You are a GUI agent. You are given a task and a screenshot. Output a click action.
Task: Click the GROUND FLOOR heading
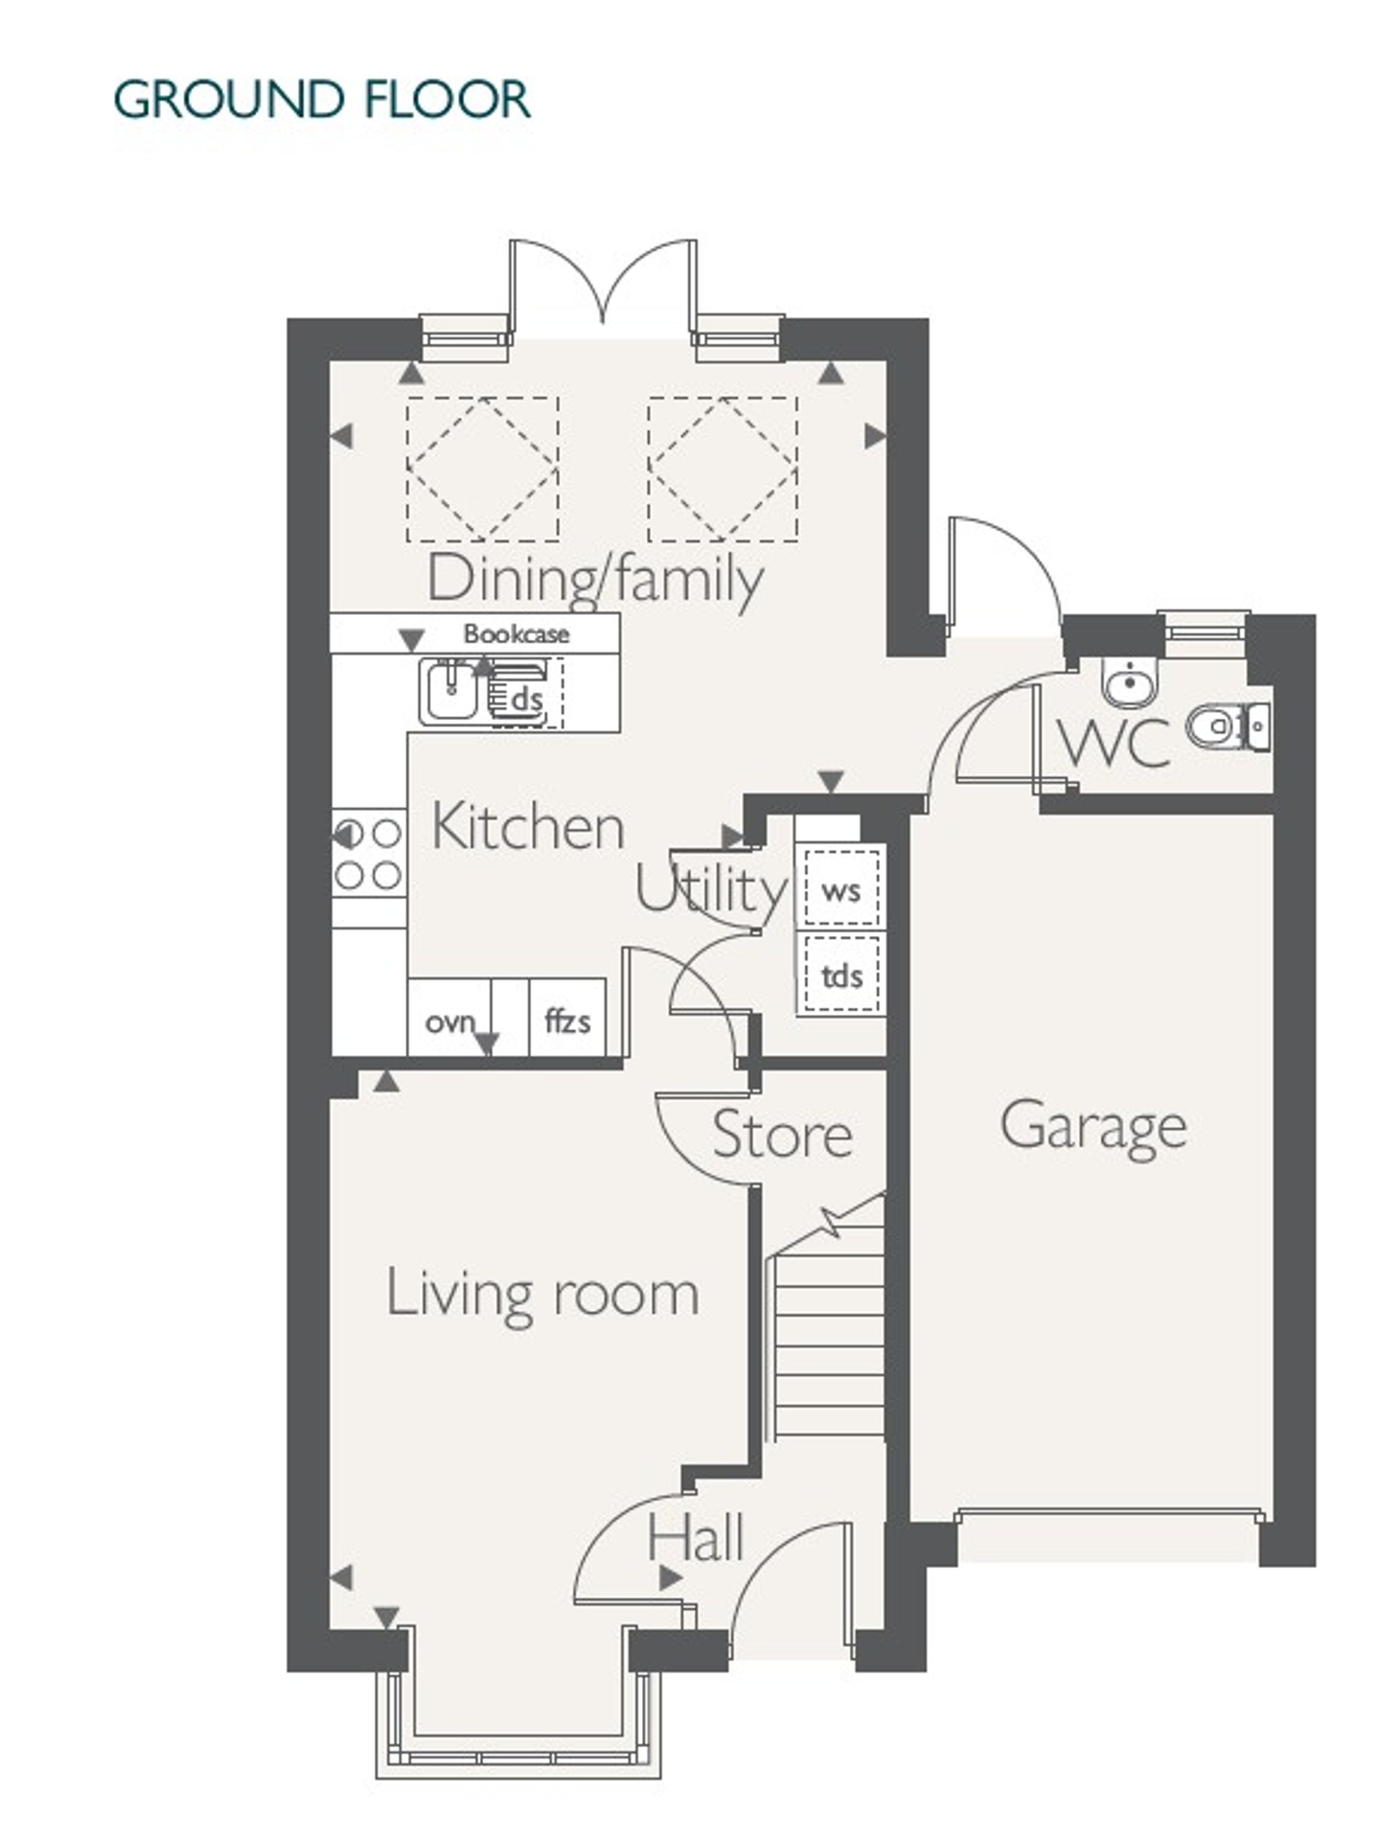tap(322, 100)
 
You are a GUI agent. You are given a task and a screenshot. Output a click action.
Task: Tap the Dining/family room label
tap(595, 579)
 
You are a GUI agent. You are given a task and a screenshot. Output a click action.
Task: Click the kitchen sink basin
tap(450, 691)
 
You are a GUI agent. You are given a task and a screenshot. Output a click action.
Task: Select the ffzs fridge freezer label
tap(568, 1021)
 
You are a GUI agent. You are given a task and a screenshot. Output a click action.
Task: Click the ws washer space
tap(841, 888)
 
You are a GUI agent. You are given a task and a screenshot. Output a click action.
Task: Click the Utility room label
tap(711, 889)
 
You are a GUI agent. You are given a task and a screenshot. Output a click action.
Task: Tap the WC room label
tap(1115, 743)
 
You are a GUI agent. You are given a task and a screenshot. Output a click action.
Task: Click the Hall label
tap(696, 1538)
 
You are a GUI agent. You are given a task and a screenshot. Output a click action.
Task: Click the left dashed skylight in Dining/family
tap(482, 469)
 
